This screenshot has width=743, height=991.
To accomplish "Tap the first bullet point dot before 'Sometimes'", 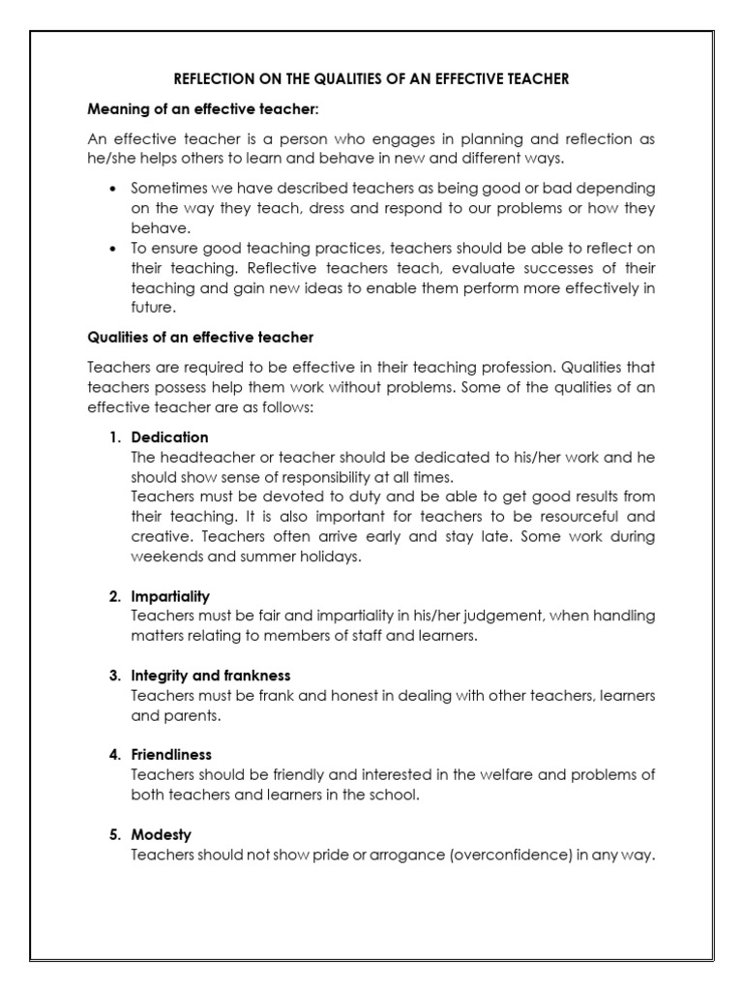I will click(114, 189).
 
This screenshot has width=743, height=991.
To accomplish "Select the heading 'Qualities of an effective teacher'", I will click(200, 338).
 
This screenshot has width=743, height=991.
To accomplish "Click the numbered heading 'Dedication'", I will click(169, 436).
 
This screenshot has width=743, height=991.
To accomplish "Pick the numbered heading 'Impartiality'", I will click(170, 596).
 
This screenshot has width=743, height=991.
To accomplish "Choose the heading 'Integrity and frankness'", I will click(211, 676).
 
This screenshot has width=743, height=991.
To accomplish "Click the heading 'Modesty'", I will click(162, 833).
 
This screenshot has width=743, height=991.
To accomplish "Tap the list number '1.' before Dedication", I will click(114, 436).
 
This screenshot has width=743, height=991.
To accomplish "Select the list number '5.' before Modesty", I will click(114, 833).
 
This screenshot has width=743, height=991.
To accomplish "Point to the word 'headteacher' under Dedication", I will click(197, 457).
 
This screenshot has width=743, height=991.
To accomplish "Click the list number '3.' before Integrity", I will click(114, 676).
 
